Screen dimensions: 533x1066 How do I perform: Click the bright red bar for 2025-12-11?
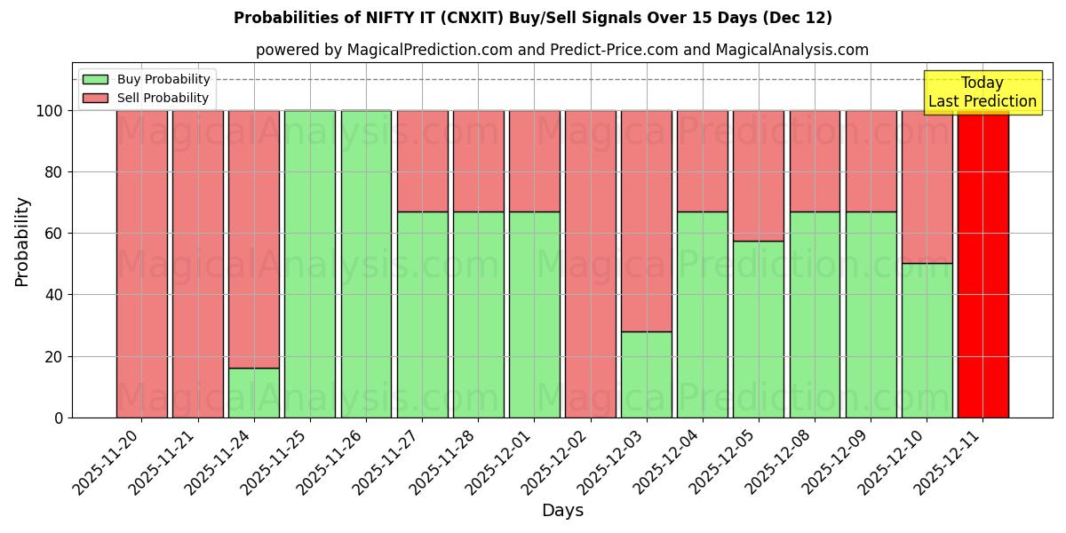click(x=982, y=264)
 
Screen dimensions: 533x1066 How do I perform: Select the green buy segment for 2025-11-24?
click(x=253, y=393)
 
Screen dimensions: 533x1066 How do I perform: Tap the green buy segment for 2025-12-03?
click(x=646, y=374)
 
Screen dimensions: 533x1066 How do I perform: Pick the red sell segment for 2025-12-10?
click(x=927, y=187)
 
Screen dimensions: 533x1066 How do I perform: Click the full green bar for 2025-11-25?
click(x=309, y=264)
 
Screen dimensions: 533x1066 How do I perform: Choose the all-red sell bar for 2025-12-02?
click(x=590, y=264)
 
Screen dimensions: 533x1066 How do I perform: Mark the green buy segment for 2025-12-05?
click(x=759, y=329)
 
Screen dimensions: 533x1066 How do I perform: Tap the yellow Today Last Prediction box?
click(x=982, y=92)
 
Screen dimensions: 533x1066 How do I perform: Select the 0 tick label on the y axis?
click(x=59, y=418)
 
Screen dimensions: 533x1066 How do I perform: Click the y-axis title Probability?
click(x=22, y=242)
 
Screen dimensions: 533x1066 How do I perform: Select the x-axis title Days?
click(x=562, y=511)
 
